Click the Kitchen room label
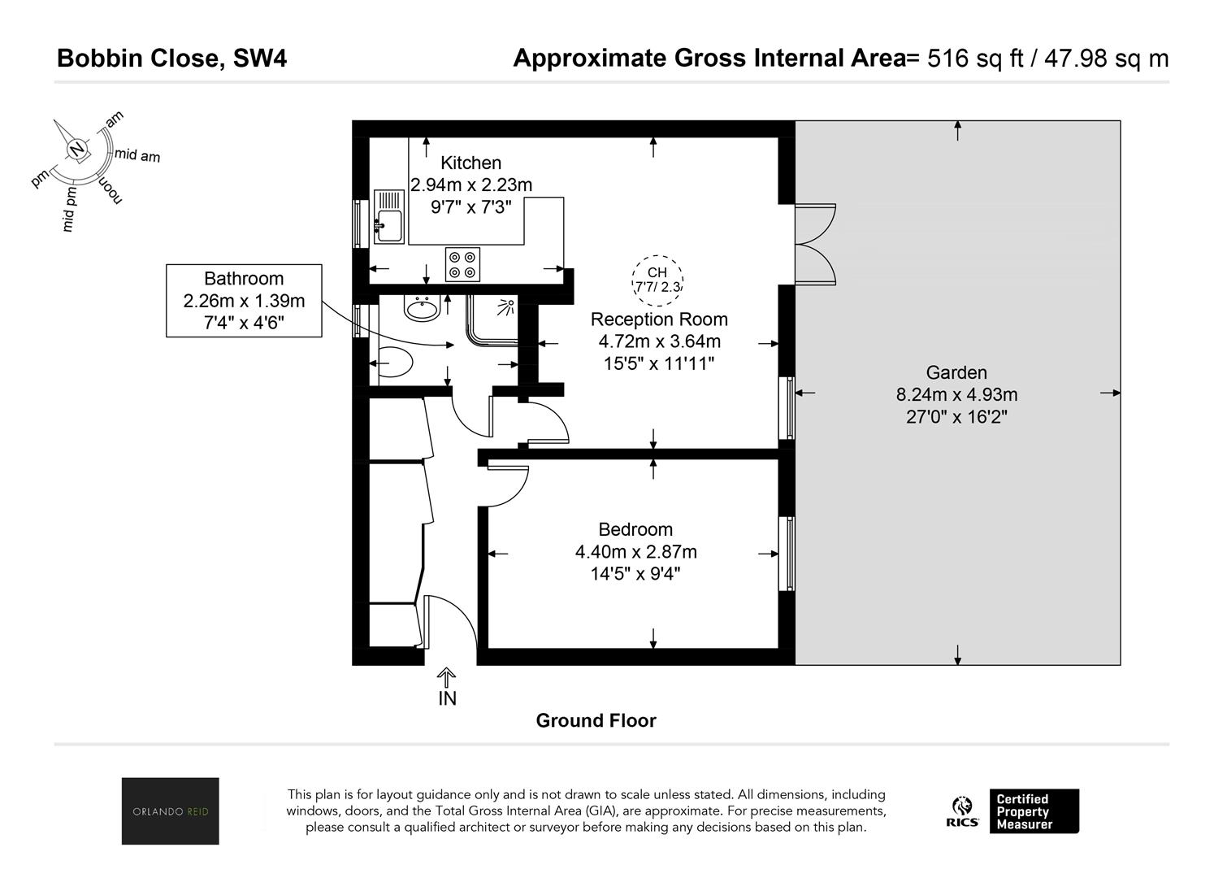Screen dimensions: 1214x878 coord(470,163)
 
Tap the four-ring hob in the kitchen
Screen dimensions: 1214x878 coord(462,264)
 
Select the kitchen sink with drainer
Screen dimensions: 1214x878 coord(388,216)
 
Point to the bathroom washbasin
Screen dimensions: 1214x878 coord(422,309)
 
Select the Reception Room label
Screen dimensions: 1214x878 coord(659,319)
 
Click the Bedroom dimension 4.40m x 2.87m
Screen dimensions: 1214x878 coord(635,551)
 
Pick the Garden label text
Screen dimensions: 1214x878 coord(956,372)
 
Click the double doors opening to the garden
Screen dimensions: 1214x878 coord(815,245)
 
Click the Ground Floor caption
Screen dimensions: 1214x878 coord(596,721)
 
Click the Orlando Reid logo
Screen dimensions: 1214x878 coord(170,811)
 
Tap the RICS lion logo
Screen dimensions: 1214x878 coord(962,811)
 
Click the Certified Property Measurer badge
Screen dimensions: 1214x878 coord(1034,811)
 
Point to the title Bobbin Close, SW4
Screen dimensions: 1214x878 coord(171,59)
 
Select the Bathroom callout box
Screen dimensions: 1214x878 coord(244,301)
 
